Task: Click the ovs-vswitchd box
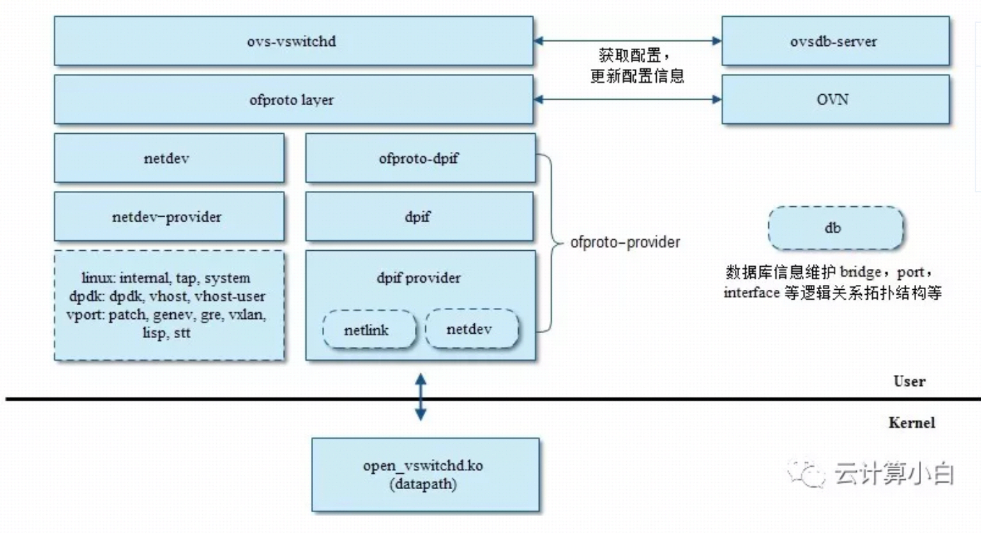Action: tap(294, 41)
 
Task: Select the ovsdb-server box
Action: tap(835, 41)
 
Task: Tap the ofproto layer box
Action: tap(294, 100)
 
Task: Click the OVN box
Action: tap(835, 100)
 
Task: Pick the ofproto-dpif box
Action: tap(420, 158)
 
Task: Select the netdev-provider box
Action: tap(169, 217)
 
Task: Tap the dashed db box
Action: tap(835, 228)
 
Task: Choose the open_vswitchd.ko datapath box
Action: tap(425, 475)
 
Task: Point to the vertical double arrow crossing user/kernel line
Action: tap(420, 397)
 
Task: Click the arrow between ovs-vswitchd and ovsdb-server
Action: tap(628, 41)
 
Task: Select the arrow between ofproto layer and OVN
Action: tap(628, 100)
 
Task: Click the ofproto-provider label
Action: tap(625, 243)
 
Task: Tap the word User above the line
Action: tap(909, 381)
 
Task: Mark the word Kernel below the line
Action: tap(911, 422)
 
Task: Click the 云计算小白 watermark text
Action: tap(892, 474)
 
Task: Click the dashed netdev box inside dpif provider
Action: tap(472, 330)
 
